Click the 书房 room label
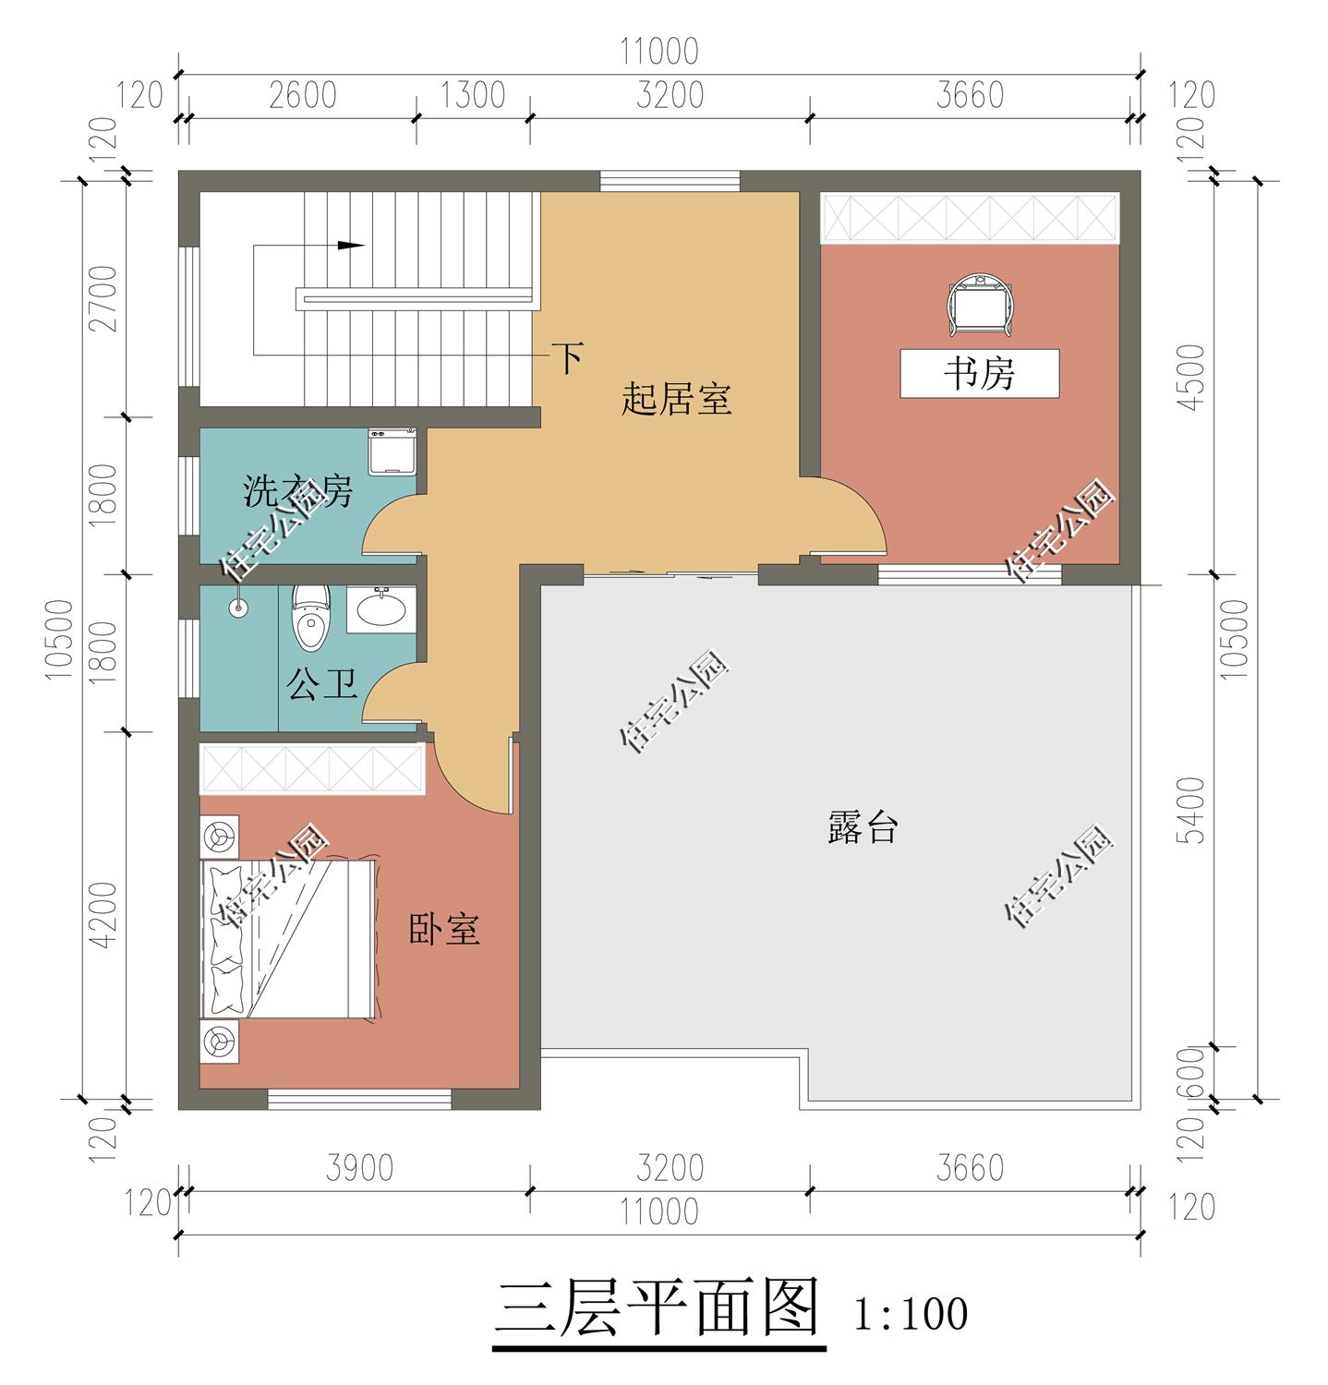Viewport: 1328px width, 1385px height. coord(979,374)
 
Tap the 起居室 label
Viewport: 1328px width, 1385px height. coord(676,401)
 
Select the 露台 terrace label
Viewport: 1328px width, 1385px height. coord(862,827)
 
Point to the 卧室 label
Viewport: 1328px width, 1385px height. coord(444,929)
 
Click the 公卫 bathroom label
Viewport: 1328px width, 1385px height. coord(321,685)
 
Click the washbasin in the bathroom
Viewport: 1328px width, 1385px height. coord(380,610)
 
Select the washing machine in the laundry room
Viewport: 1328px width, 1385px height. coord(392,452)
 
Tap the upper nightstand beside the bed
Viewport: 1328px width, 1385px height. coord(220,837)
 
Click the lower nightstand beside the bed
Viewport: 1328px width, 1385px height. coord(220,1042)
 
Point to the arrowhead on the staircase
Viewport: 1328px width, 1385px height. coord(350,246)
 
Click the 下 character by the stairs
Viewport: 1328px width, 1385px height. coord(567,357)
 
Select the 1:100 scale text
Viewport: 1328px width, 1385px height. coord(911,1314)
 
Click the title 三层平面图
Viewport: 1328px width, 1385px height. coord(658,1308)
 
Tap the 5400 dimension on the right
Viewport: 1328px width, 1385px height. coord(1193,810)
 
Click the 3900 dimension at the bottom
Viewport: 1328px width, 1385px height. coord(359,1168)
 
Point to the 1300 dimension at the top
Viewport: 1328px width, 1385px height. coord(472,95)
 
